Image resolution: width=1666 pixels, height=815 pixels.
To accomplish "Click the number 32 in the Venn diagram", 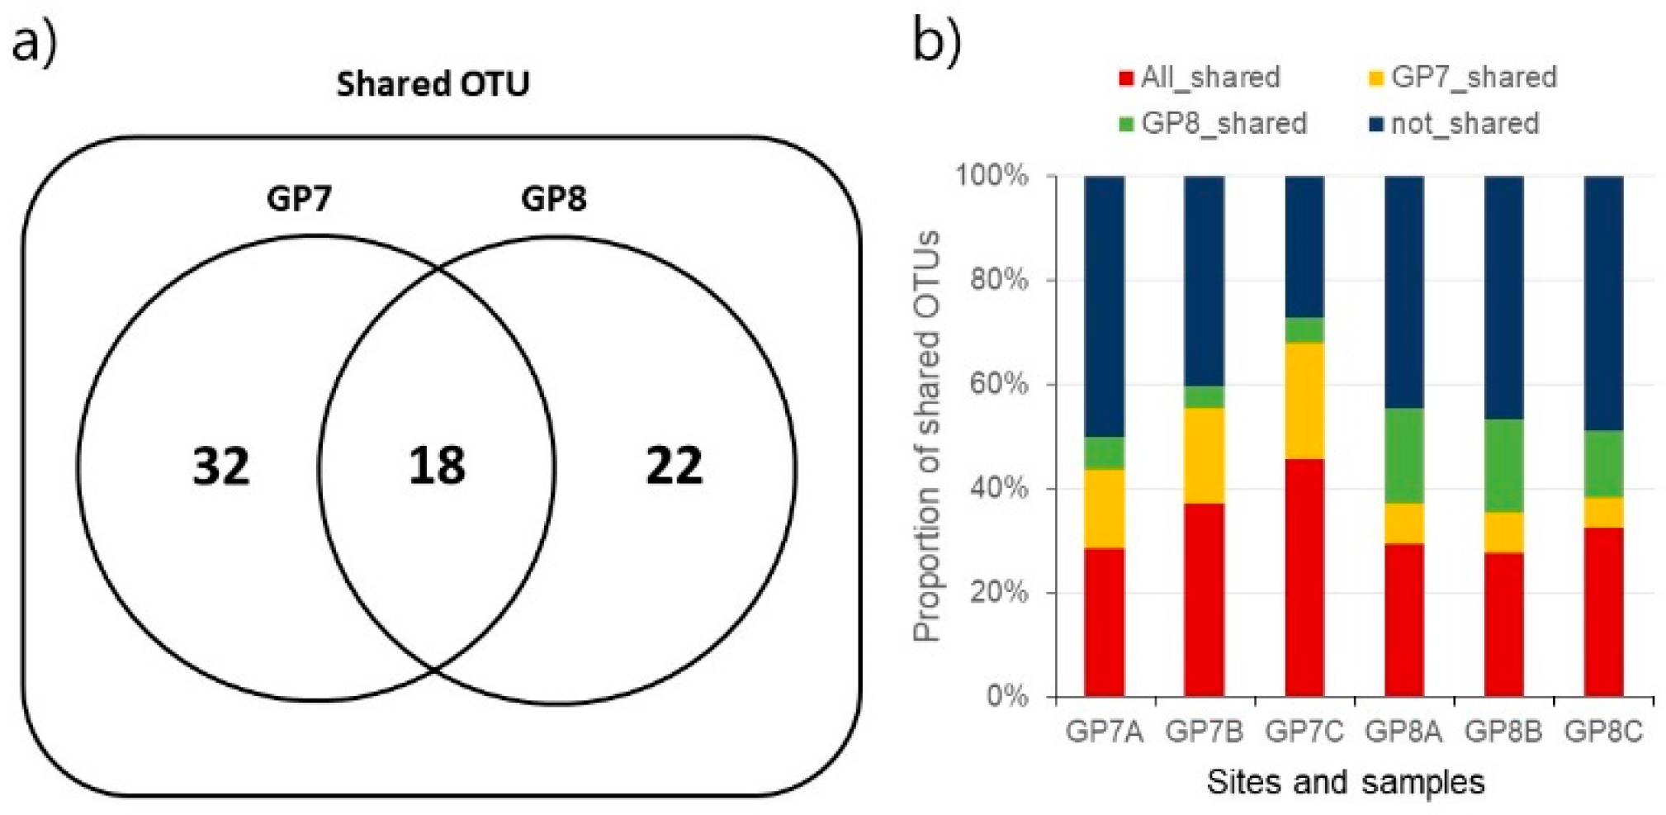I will (x=220, y=466).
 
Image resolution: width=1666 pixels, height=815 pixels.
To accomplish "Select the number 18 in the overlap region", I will (x=437, y=466).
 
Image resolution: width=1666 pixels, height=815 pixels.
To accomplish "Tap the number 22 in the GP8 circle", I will (x=674, y=466).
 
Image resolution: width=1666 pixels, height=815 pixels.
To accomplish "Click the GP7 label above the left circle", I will (x=299, y=199).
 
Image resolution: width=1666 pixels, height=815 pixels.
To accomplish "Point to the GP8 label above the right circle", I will (x=553, y=199).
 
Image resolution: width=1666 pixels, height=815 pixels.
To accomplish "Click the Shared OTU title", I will (x=433, y=84).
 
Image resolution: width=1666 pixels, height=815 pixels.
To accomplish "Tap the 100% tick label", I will (x=992, y=176).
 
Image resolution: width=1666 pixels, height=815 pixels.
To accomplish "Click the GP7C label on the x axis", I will (x=1304, y=732).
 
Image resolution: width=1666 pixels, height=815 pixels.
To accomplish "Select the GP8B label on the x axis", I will (x=1503, y=732).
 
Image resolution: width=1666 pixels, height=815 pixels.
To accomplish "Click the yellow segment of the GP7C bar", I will (x=1304, y=400).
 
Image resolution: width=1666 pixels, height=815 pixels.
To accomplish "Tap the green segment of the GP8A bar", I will (x=1404, y=456).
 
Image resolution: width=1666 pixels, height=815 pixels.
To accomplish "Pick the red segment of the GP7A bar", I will (x=1105, y=622).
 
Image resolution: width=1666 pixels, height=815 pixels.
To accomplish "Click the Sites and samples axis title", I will (x=1346, y=781).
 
